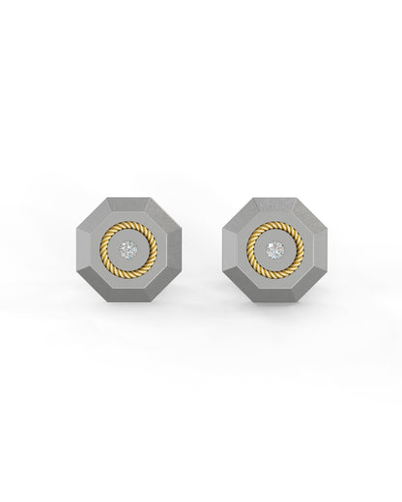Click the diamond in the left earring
pyautogui.click(x=129, y=250)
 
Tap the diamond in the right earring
pyautogui.click(x=275, y=250)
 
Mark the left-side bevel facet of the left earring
pyautogui.click(x=82, y=250)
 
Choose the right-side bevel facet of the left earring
pyautogui.click(x=175, y=250)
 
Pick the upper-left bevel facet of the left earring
pyautogui.click(x=96, y=217)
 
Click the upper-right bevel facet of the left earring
pyautogui.click(x=161, y=217)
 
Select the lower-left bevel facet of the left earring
pyautogui.click(x=96, y=283)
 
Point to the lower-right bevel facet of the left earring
pyautogui.click(x=161, y=283)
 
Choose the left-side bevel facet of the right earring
pyautogui.click(x=229, y=250)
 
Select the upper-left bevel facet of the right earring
pyautogui.click(x=243, y=217)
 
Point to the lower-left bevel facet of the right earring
pyautogui.click(x=243, y=283)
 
